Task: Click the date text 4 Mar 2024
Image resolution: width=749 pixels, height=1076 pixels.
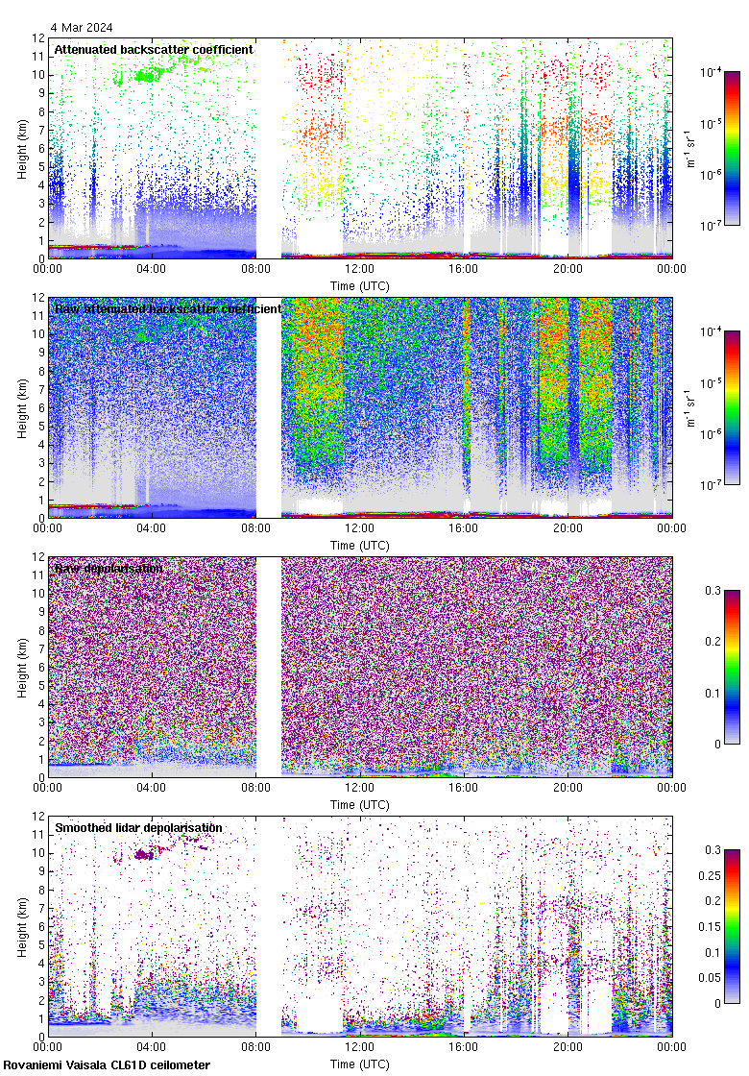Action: pos(83,27)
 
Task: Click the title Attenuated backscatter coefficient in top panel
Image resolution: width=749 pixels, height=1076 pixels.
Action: pos(154,49)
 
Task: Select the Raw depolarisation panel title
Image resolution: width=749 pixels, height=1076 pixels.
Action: pos(108,569)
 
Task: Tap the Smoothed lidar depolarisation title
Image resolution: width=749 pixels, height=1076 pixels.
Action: pos(138,828)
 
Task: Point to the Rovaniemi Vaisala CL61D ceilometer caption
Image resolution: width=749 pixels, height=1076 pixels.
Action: pos(107,1064)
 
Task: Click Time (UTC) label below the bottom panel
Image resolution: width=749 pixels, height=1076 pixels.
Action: pos(359,1064)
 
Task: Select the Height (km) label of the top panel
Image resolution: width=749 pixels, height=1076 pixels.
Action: pos(22,148)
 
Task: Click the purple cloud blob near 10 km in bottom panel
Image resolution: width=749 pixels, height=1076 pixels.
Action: pos(145,853)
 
